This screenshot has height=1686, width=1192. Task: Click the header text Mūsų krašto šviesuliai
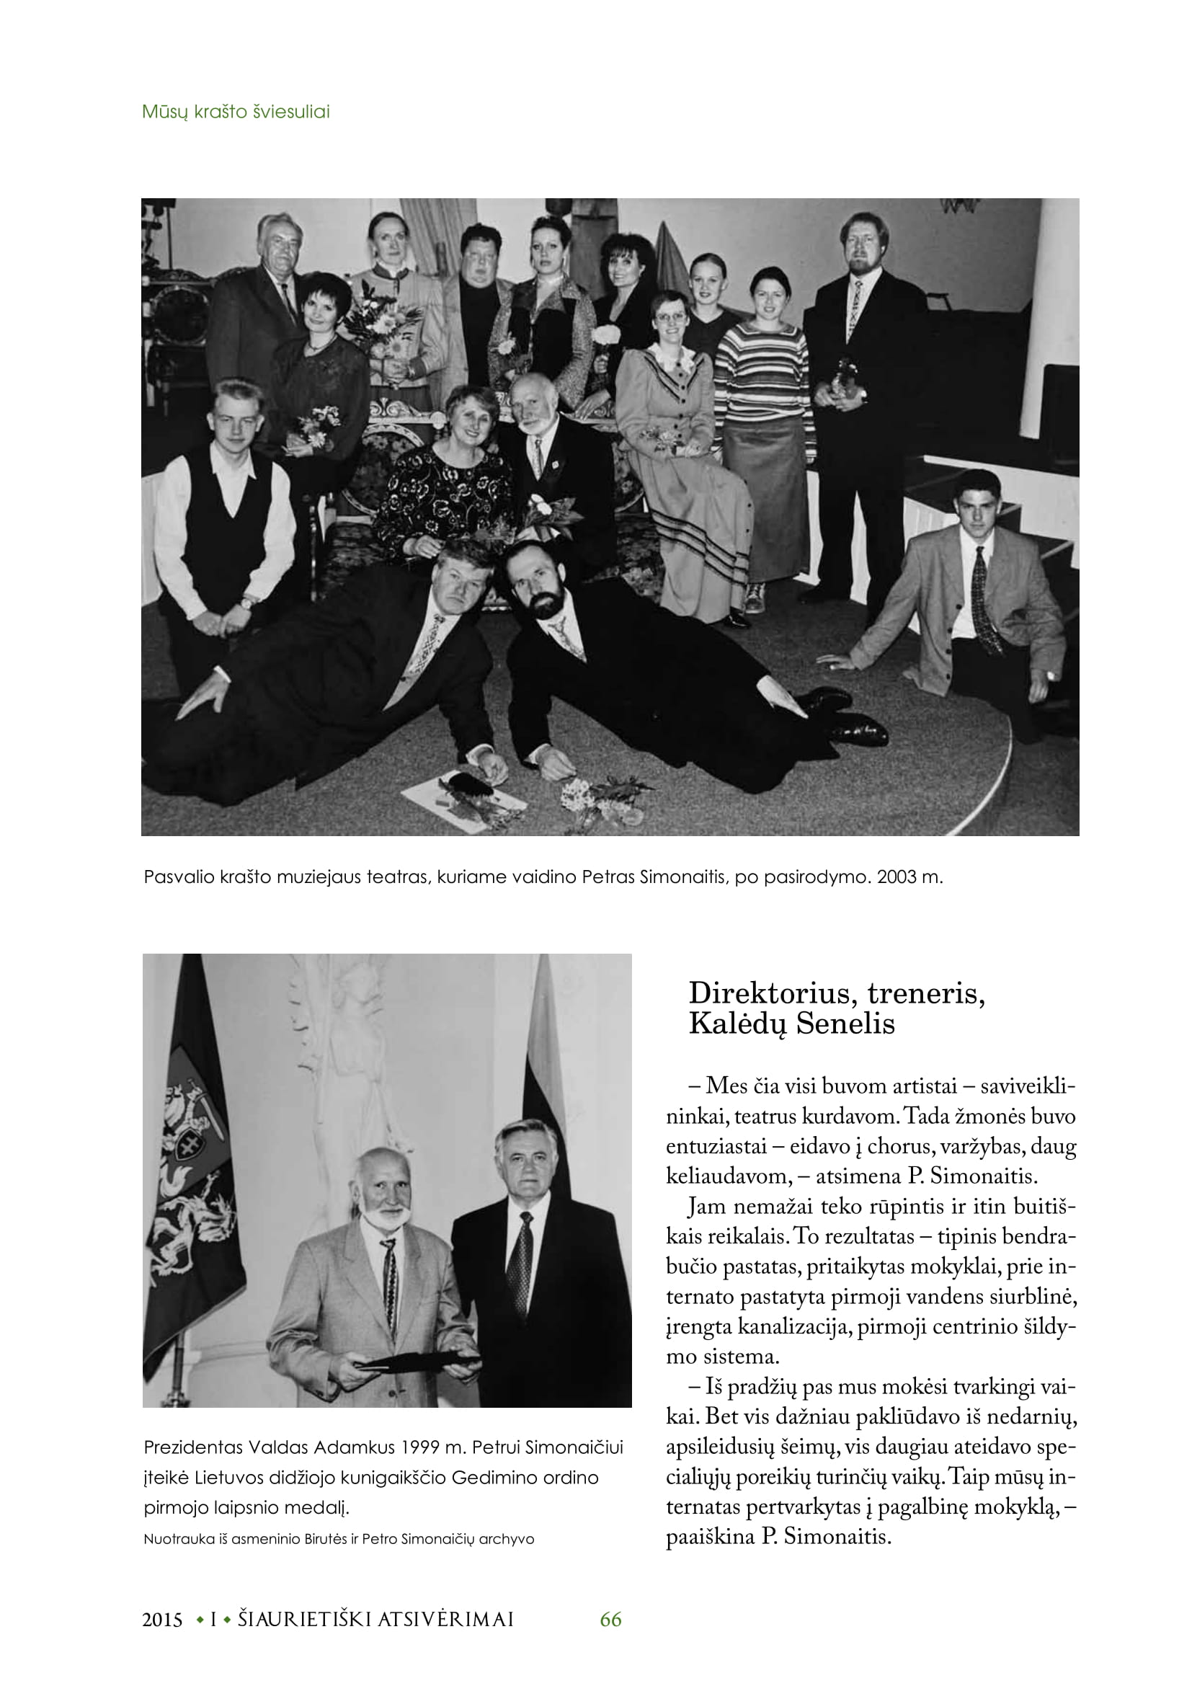click(x=236, y=112)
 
